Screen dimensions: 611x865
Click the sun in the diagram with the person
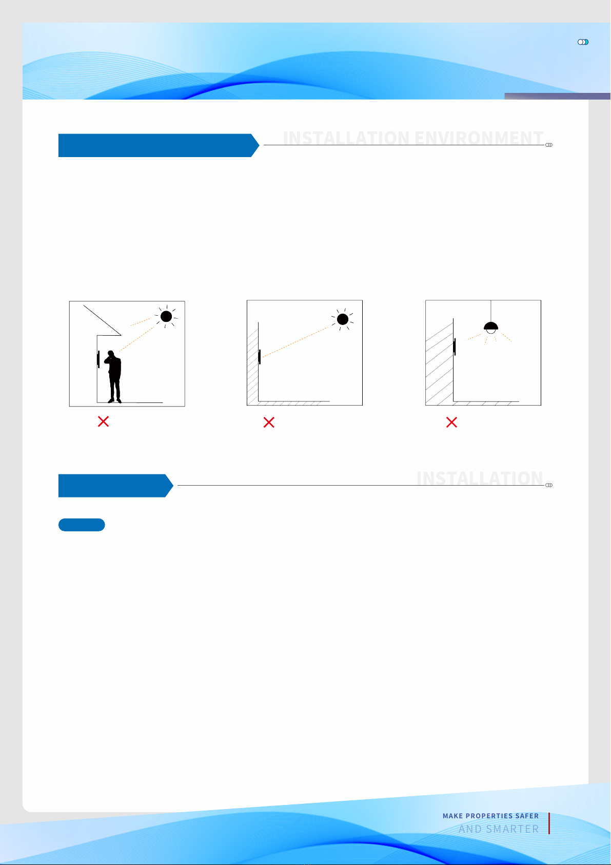tap(166, 316)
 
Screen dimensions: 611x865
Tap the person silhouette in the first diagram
tap(113, 376)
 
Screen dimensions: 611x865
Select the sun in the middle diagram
tap(342, 319)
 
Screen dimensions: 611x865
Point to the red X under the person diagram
tap(103, 421)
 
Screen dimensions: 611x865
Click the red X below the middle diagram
tap(269, 422)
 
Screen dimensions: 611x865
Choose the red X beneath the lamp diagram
tap(451, 422)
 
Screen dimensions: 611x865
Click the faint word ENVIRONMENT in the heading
tap(479, 138)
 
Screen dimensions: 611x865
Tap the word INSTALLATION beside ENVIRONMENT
tap(346, 138)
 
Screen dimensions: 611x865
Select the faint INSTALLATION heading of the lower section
tap(480, 478)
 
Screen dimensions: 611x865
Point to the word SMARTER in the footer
tap(512, 829)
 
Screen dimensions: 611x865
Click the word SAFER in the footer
tap(527, 816)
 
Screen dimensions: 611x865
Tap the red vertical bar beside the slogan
tap(549, 823)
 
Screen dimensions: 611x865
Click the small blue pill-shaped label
tap(82, 525)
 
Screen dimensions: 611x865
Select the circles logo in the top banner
tap(583, 42)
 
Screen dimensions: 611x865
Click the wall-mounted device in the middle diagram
tap(260, 357)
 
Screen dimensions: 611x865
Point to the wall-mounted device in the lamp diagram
tap(455, 347)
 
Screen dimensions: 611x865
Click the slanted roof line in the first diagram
tap(102, 320)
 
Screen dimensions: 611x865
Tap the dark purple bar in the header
tap(557, 96)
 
